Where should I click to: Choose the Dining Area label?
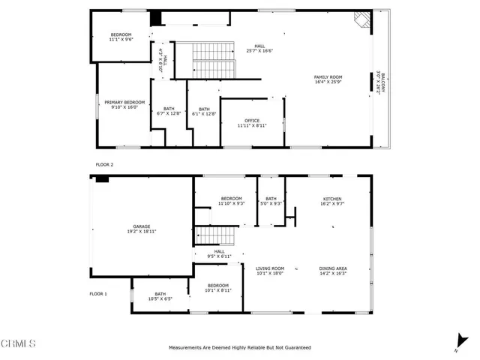coord(332,271)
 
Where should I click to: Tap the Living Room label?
coord(270,271)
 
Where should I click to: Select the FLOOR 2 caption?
coord(104,163)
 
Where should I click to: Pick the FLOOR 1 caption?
coord(99,294)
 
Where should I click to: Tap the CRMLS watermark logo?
coord(18,343)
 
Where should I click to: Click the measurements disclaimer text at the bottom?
coord(239,348)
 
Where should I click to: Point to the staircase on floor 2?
coord(215,60)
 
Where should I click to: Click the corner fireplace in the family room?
coord(363,20)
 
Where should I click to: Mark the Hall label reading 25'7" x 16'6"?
coord(259,49)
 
